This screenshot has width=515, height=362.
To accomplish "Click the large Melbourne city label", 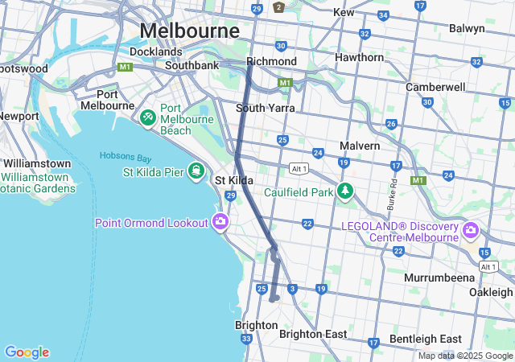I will [190, 31].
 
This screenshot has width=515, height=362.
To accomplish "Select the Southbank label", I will [192, 64].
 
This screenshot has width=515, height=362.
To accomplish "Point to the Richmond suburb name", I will [271, 61].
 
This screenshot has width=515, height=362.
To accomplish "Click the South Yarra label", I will [265, 108].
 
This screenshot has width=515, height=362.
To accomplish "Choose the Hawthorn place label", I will [359, 58].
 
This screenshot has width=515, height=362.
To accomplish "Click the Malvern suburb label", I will [359, 146].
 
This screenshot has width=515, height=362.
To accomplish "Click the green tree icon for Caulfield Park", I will [345, 191].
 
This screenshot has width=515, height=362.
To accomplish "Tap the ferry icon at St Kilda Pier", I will [196, 170].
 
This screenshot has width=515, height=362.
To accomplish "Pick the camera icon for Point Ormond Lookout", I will [220, 222].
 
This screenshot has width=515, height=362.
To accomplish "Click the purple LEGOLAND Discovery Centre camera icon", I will [471, 232].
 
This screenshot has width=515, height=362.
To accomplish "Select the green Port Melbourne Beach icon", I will [147, 118].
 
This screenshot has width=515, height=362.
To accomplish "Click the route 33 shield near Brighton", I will [245, 339].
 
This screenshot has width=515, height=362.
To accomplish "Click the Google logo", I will [27, 352].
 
